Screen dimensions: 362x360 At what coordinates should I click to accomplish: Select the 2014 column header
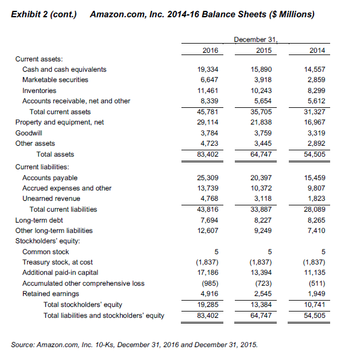pos(316,50)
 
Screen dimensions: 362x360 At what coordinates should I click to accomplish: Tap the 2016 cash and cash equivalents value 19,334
pos(207,69)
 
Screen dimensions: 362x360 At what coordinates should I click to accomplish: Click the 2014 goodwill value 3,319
pos(315,133)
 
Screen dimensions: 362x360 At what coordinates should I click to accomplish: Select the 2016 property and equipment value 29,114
pos(207,122)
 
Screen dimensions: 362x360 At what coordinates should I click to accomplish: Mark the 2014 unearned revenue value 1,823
pos(315,198)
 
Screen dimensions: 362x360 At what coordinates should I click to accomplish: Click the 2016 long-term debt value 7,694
pos(209,220)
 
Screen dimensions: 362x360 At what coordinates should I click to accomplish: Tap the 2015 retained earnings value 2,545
pos(262,294)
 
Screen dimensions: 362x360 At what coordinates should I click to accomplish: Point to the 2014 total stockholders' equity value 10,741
pos(313,304)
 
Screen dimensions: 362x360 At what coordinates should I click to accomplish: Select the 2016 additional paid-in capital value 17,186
pos(207,273)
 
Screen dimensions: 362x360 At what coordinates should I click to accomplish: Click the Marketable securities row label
pos(55,80)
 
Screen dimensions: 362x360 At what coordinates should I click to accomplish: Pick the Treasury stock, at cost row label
pos(57,262)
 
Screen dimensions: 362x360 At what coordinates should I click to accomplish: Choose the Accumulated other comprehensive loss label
pos(83,283)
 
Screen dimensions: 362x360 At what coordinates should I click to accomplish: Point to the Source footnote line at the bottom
pos(134,345)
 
